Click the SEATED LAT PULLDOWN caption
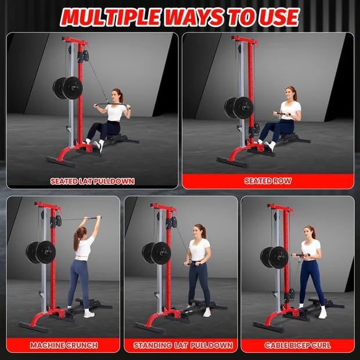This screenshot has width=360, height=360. (92, 181)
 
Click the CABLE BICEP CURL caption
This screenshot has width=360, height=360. (297, 345)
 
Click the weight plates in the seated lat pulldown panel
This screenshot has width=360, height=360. (68, 88)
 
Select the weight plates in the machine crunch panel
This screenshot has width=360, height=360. (41, 253)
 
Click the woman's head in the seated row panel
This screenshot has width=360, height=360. (290, 93)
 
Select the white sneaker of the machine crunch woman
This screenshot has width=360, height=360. (88, 314)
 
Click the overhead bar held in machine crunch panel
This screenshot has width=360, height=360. (81, 219)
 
